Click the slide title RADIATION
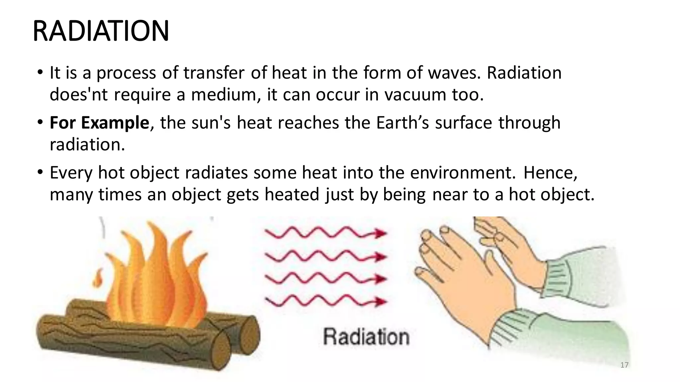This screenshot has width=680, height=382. pyautogui.click(x=101, y=31)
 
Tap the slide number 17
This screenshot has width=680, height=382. pyautogui.click(x=624, y=365)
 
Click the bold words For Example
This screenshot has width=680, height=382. pyautogui.click(x=99, y=123)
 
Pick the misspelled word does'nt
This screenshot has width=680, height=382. pyautogui.click(x=79, y=95)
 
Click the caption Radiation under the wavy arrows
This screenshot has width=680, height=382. pyautogui.click(x=366, y=337)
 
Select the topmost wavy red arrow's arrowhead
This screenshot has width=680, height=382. pyautogui.click(x=380, y=233)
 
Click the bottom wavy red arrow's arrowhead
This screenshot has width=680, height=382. pyautogui.click(x=380, y=302)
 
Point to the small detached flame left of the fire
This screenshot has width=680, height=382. pyautogui.click(x=98, y=279)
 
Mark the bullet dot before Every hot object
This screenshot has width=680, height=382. pyautogui.click(x=40, y=172)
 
